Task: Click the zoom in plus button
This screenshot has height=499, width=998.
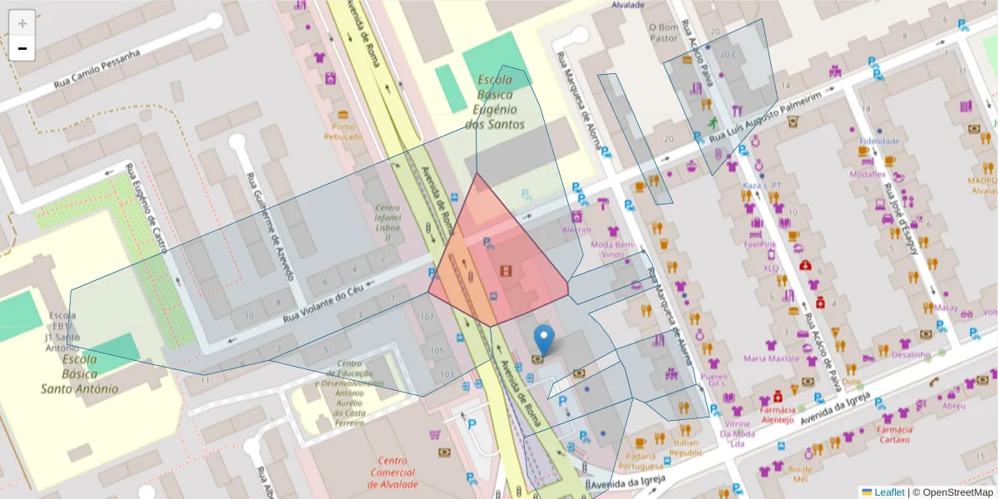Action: (x=22, y=23)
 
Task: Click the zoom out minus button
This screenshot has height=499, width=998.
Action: (x=22, y=48)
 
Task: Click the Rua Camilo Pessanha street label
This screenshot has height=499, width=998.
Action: (x=96, y=70)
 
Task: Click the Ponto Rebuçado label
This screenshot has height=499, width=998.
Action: (x=343, y=131)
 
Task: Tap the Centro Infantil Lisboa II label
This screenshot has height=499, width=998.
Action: (x=382, y=222)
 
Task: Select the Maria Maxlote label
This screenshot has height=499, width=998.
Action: (x=771, y=358)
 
